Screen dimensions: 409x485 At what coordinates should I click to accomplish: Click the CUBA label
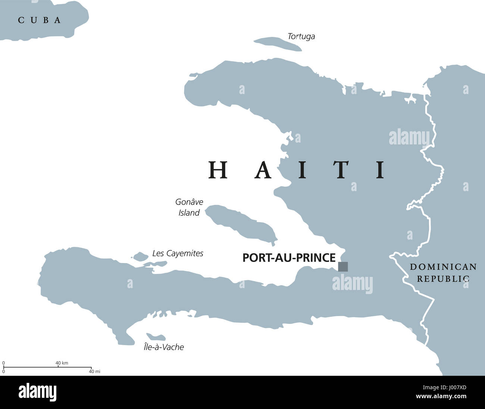(x=40, y=20)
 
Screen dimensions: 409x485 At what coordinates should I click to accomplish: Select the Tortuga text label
(x=301, y=37)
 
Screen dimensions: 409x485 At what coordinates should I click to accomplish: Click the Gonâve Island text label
(x=189, y=207)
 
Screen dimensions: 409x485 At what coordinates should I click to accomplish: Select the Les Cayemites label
(x=178, y=253)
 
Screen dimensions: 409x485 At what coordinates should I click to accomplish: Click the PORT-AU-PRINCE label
(x=289, y=258)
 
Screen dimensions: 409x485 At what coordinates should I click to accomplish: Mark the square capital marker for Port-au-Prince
(x=343, y=266)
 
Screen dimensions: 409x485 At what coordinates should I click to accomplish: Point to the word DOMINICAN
(x=443, y=267)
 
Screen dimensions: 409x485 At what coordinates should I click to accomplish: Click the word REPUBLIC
(x=443, y=278)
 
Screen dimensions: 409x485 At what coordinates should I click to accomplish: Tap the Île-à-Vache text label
(x=164, y=347)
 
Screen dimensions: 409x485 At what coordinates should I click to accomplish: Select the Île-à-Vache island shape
(x=156, y=337)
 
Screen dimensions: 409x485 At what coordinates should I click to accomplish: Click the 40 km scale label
(x=62, y=363)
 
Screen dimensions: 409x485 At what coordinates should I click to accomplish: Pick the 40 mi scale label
(x=95, y=371)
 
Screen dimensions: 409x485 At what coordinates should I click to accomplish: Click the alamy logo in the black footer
(x=38, y=392)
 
